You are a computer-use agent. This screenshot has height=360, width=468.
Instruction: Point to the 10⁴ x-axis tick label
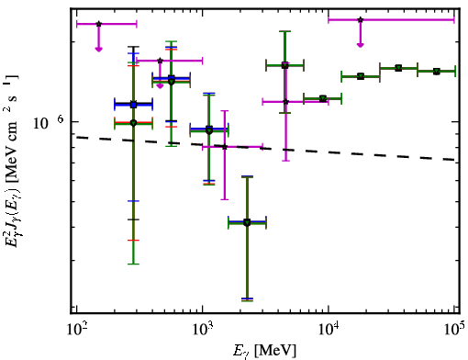[x=329, y=331]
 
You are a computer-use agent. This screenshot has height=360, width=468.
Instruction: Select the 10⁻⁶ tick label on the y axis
[x=49, y=122]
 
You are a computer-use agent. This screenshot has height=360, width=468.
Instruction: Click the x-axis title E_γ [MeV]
[x=265, y=351]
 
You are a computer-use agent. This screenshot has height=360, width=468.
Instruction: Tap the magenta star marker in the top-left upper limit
[x=98, y=24]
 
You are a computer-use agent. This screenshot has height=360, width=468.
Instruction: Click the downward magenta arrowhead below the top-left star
[x=98, y=49]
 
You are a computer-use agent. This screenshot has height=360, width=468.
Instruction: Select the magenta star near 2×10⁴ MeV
[x=361, y=19]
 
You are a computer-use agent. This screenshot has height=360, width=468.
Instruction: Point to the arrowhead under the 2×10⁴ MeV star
[x=361, y=45]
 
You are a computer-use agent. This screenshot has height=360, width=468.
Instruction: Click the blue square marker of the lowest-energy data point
[x=133, y=105]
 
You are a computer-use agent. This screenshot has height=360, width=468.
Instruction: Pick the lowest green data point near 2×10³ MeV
[x=247, y=223]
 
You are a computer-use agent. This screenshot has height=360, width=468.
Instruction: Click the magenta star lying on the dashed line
[x=225, y=147]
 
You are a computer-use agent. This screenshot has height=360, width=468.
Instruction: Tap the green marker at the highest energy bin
[x=437, y=72]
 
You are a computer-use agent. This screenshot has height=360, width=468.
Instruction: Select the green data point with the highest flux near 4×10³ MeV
[x=285, y=65]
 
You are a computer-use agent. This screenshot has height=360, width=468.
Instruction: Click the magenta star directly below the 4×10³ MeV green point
[x=285, y=102]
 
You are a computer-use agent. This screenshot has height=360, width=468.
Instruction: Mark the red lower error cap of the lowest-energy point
[x=133, y=241]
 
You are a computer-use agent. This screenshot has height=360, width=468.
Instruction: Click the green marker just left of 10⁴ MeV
[x=323, y=98]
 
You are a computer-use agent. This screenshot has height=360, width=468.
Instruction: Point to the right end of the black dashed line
[x=454, y=160]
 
